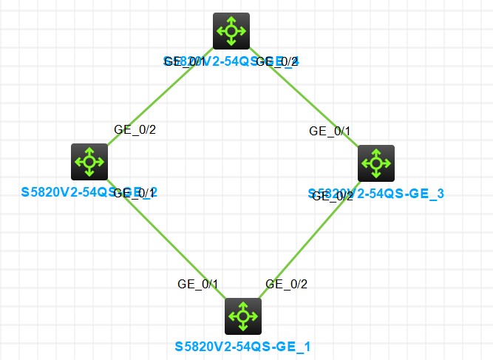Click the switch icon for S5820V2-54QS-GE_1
(241, 317)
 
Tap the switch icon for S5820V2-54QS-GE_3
(376, 163)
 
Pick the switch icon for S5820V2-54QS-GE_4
(232, 31)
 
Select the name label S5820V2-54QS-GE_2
(89, 192)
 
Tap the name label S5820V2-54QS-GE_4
(231, 61)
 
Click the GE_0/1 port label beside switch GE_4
(185, 61)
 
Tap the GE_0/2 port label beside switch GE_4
(276, 61)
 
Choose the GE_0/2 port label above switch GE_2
(135, 129)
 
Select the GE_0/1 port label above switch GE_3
(330, 131)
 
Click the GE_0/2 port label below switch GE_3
(333, 195)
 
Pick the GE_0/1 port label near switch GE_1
(198, 283)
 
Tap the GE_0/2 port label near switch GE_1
(286, 283)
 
